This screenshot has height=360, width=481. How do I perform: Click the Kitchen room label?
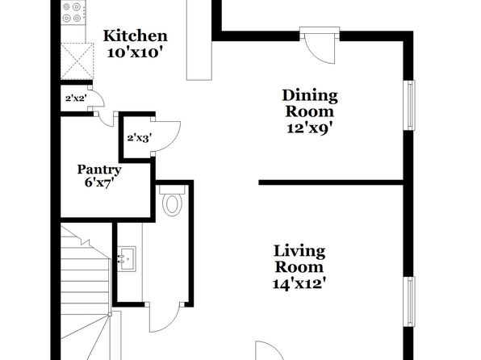tap(136, 36)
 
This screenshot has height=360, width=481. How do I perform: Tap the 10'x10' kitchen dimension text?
tap(134, 52)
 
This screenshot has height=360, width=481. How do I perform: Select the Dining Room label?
tap(310, 103)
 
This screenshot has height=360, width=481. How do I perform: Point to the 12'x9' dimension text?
tap(310, 128)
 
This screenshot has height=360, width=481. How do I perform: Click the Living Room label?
tap(299, 259)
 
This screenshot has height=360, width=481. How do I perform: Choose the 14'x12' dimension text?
tap(299, 283)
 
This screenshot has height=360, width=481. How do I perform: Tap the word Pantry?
tap(99, 170)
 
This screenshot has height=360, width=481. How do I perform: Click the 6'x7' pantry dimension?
tap(99, 182)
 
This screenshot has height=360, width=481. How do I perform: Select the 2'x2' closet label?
tap(76, 98)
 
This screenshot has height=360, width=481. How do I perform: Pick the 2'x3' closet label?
tap(140, 138)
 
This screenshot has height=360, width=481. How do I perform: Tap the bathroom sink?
tap(127, 259)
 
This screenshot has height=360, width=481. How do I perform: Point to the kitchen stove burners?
tap(72, 12)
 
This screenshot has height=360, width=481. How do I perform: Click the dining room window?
tap(411, 105)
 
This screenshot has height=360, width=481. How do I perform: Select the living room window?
tap(411, 301)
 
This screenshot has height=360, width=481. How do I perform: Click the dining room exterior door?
tap(320, 45)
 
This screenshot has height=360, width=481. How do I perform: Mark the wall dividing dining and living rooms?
tap(331, 182)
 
